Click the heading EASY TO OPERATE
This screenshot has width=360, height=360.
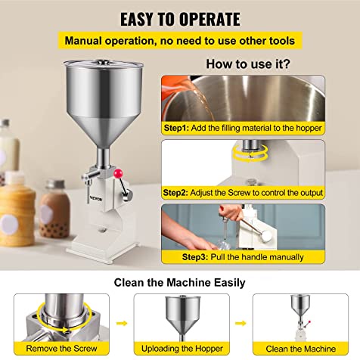pyautogui.click(x=179, y=18)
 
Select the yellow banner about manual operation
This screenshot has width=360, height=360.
pyautogui.click(x=179, y=40)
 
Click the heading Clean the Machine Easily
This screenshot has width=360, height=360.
pyautogui.click(x=179, y=282)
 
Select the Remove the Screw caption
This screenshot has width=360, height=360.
pyautogui.click(x=61, y=349)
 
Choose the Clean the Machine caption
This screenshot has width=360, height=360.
pyautogui.click(x=299, y=349)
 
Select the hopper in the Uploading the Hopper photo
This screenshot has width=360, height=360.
pyautogui.click(x=181, y=314)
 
